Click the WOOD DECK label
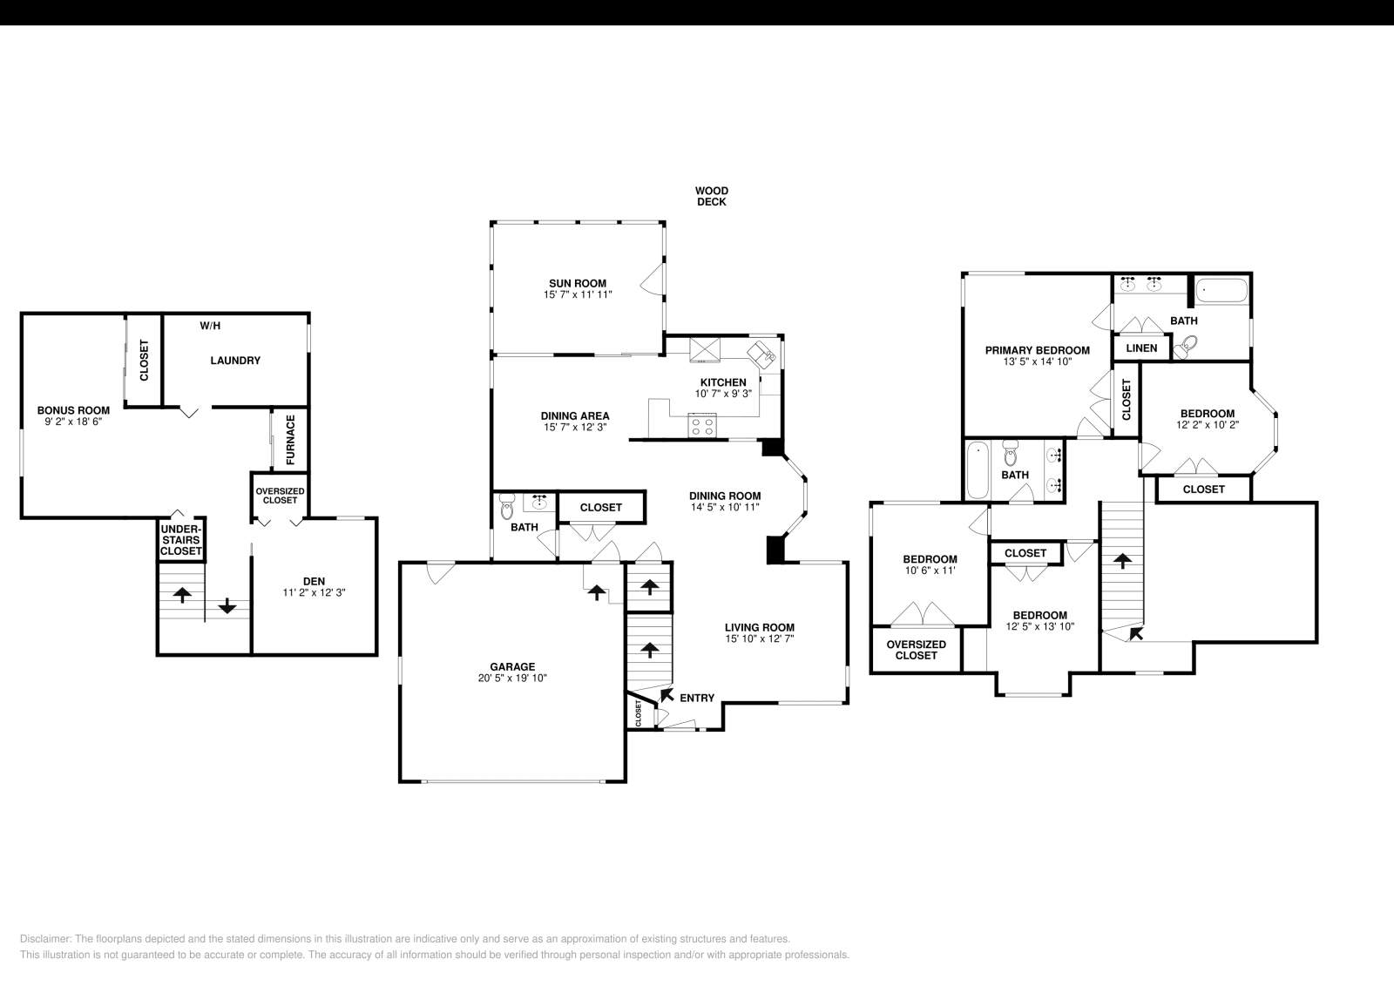(711, 196)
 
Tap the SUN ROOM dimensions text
(577, 295)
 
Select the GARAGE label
(512, 666)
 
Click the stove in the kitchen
(702, 426)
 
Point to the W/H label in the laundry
(210, 327)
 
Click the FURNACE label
(291, 439)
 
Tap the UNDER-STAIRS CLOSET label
(181, 540)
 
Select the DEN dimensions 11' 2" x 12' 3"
(315, 592)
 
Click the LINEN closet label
(1141, 348)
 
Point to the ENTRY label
(696, 698)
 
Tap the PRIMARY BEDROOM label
(1037, 350)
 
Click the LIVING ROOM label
(759, 627)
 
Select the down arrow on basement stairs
(227, 606)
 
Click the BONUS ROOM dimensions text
(73, 421)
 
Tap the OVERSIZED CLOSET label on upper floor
(916, 650)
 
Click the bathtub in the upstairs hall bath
(978, 470)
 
